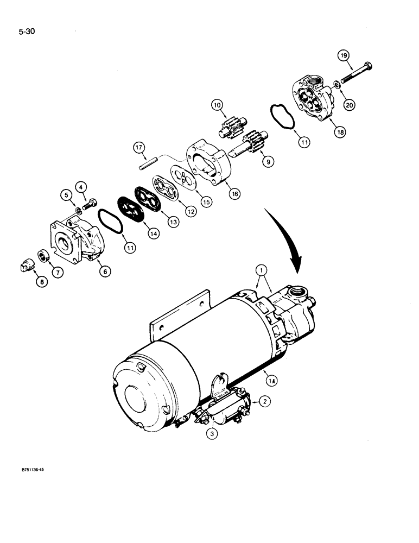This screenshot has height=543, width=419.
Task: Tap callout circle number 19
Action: (x=343, y=55)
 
